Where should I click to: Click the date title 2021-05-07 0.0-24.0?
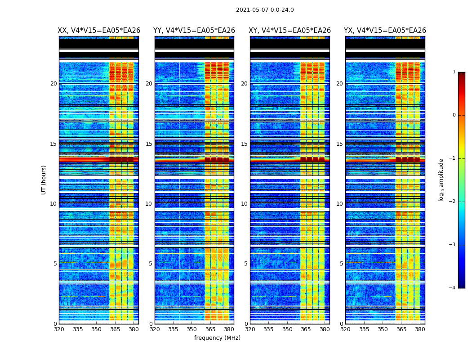[265, 10]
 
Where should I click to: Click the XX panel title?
[99, 31]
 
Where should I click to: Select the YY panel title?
[194, 31]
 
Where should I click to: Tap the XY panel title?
[289, 31]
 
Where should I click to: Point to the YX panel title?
[385, 31]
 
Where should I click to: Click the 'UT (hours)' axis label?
[44, 180]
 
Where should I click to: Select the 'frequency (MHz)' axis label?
[217, 338]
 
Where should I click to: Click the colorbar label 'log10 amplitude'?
[441, 180]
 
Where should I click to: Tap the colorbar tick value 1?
[454, 72]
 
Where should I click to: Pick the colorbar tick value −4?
[453, 288]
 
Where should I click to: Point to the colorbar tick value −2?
[453, 202]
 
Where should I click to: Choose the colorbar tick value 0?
[454, 115]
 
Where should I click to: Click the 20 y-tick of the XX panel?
[53, 84]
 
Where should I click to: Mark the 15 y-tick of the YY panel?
[149, 144]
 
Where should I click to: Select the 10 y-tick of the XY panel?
[244, 204]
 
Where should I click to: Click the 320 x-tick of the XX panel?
[59, 329]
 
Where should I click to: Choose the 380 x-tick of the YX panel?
[420, 329]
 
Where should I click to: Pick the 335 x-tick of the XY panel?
[268, 329]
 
